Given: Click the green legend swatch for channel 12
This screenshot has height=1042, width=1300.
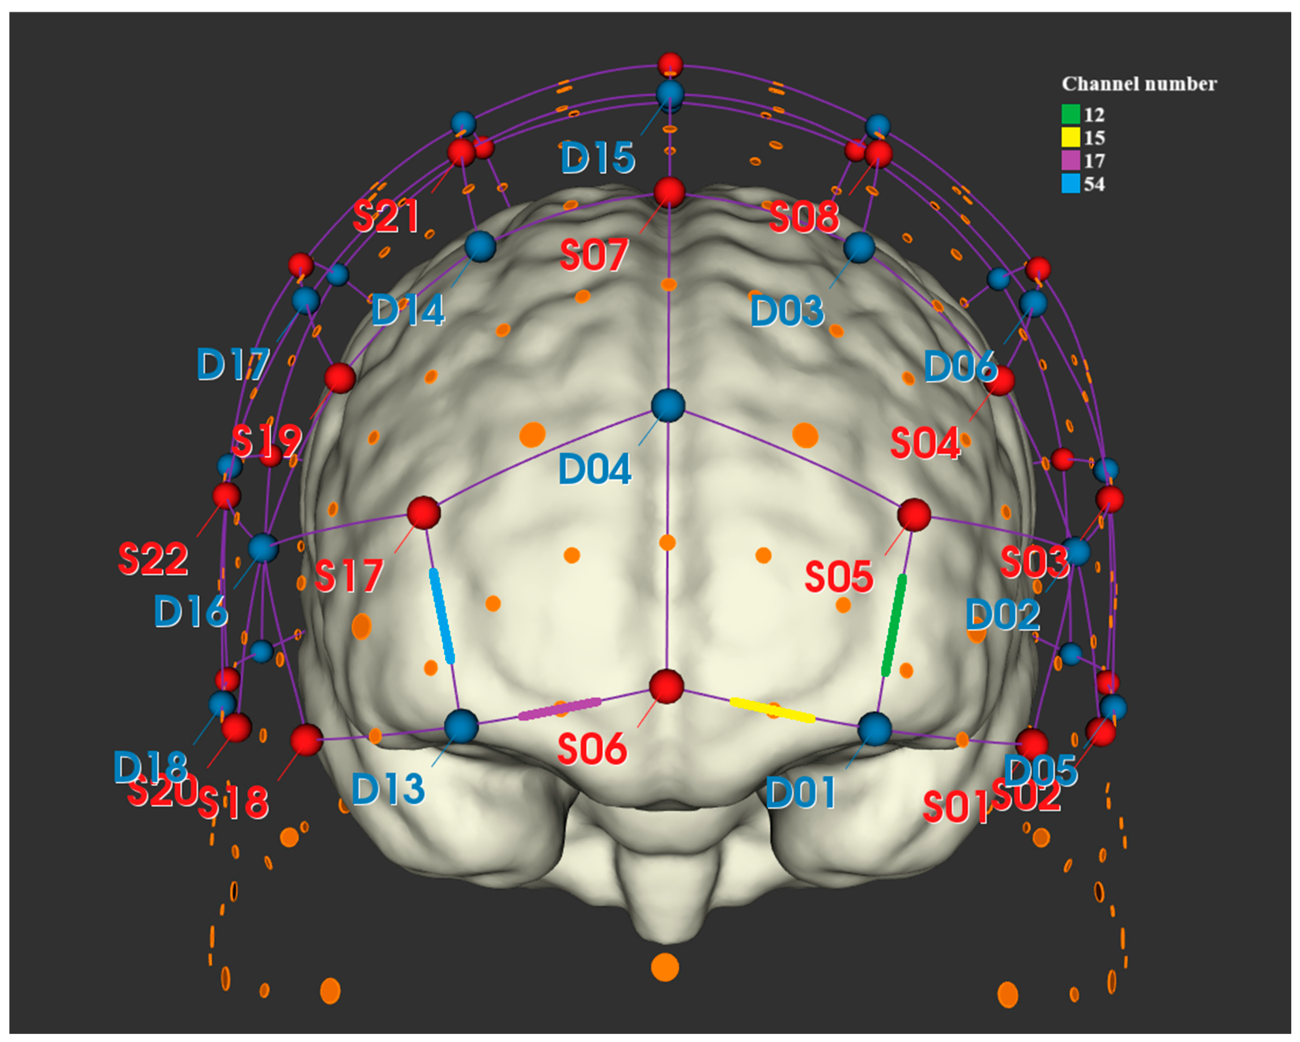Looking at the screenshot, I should pyautogui.click(x=1070, y=114).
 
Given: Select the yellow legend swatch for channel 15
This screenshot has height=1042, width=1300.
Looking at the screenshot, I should pyautogui.click(x=1070, y=137).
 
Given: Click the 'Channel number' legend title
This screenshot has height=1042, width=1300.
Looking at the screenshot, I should pyautogui.click(x=1139, y=84).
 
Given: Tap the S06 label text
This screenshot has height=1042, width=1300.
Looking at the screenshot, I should pyautogui.click(x=592, y=749).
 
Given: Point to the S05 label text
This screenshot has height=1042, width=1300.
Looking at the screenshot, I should pyautogui.click(x=839, y=576).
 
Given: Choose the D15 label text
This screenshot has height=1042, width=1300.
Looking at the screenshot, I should pyautogui.click(x=598, y=158).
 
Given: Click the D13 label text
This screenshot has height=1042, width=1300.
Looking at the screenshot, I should pyautogui.click(x=388, y=789).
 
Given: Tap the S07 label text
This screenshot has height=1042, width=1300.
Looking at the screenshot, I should pyautogui.click(x=594, y=255).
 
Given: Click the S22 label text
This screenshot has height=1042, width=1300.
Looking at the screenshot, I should pyautogui.click(x=153, y=559).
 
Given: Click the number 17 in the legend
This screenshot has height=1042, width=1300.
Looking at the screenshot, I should pyautogui.click(x=1094, y=161).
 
